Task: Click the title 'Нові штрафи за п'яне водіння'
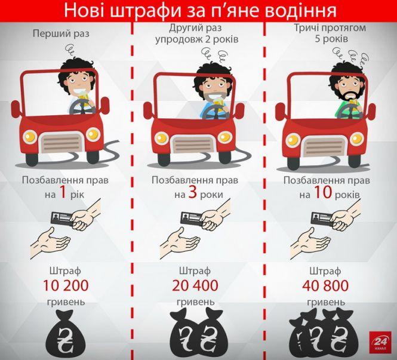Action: click(199, 11)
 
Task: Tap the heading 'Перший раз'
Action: click(61, 34)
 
